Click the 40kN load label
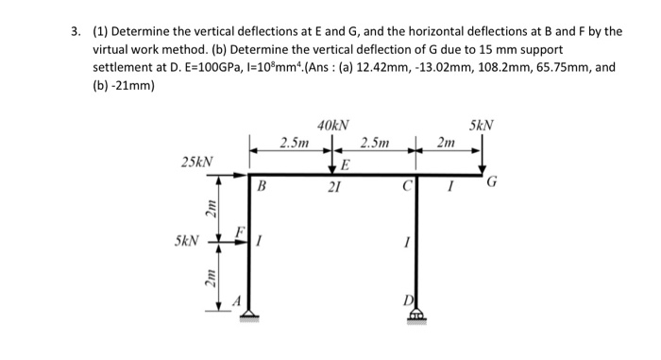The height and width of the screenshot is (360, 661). pyautogui.click(x=332, y=125)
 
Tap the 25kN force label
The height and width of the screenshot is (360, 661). pyautogui.click(x=196, y=163)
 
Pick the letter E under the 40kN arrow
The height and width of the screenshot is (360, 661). pyautogui.click(x=345, y=166)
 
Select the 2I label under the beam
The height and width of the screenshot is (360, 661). pyautogui.click(x=332, y=188)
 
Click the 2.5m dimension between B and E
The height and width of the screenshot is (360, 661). pyautogui.click(x=294, y=143)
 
